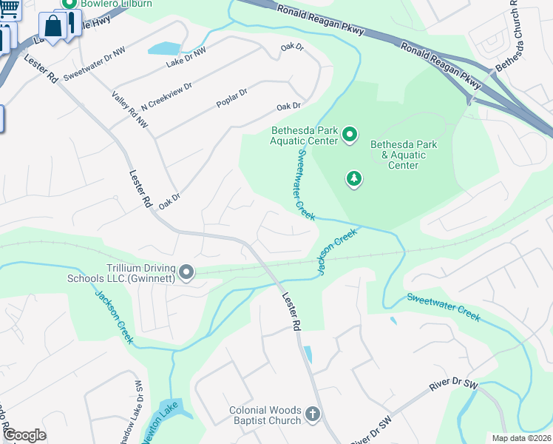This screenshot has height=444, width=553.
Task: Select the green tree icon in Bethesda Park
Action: [x=355, y=178]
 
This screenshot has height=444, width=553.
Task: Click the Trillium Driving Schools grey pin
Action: [x=186, y=273]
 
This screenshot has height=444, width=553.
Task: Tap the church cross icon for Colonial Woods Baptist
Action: [x=312, y=414]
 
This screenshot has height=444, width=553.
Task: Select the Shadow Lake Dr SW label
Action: [x=138, y=410]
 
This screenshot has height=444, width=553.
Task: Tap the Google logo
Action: [x=24, y=435]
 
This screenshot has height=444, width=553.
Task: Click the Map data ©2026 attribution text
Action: [x=521, y=438]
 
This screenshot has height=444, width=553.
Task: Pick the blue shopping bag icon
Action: [x=54, y=27]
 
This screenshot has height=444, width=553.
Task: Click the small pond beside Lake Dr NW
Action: [x=163, y=49]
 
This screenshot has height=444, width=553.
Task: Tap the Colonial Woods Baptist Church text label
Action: [x=265, y=415]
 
